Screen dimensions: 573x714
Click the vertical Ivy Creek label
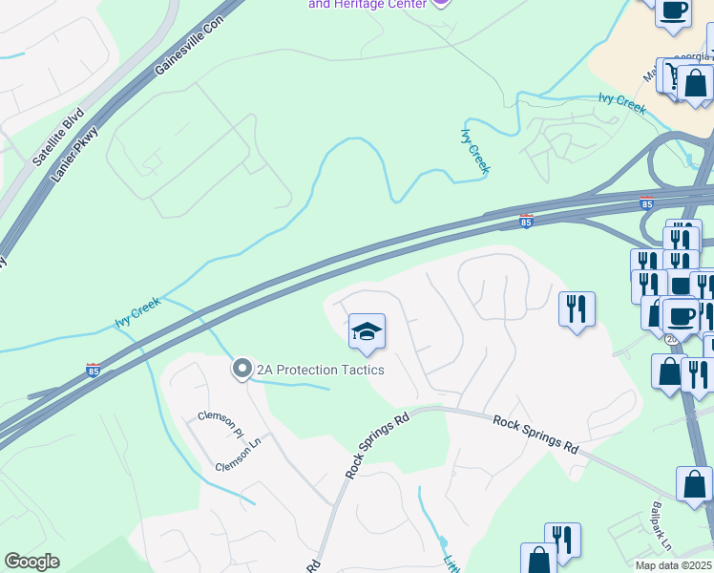pyautogui.click(x=475, y=151)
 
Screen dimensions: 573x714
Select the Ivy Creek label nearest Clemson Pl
pyautogui.click(x=138, y=311)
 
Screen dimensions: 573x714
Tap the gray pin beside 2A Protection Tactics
pyautogui.click(x=242, y=369)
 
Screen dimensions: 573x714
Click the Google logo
pyautogui.click(x=32, y=562)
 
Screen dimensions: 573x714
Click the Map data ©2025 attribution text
pyautogui.click(x=673, y=565)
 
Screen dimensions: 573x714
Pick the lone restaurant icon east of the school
pyautogui.click(x=576, y=308)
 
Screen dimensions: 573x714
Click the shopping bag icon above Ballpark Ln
pyautogui.click(x=694, y=484)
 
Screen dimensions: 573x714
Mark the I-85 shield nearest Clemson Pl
pyautogui.click(x=93, y=370)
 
